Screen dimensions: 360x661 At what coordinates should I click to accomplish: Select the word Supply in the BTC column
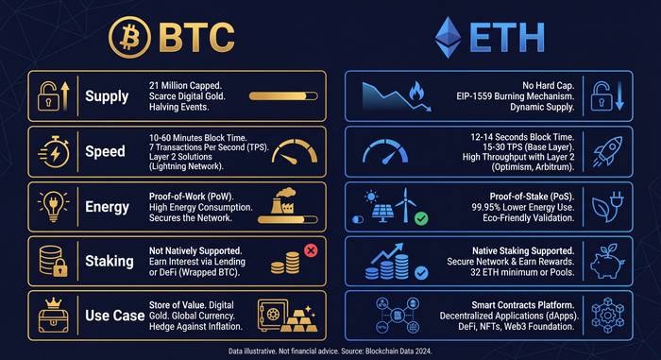point(107,95)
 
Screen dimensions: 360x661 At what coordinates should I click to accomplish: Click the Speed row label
point(106,151)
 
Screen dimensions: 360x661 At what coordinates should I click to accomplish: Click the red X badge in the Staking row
point(310,250)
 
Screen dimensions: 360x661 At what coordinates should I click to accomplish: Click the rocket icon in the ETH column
point(601,150)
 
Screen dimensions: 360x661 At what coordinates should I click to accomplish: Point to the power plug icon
point(601,205)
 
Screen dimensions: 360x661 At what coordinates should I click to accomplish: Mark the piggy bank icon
point(601,258)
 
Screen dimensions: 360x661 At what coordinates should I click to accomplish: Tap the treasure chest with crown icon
point(49,314)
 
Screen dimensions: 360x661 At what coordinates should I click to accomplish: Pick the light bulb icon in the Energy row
point(49,206)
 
